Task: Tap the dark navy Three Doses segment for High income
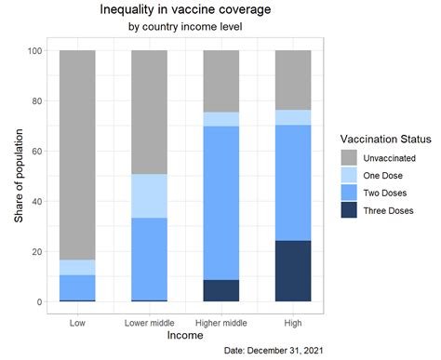click(x=292, y=271)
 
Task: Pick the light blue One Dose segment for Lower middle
click(x=149, y=195)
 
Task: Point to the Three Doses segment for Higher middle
click(x=220, y=290)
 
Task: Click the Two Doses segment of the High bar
click(x=292, y=182)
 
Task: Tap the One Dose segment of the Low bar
click(x=77, y=267)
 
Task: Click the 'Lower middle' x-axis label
click(x=149, y=322)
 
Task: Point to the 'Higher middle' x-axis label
click(x=220, y=322)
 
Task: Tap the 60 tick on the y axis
click(x=38, y=151)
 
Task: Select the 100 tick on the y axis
click(x=35, y=50)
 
